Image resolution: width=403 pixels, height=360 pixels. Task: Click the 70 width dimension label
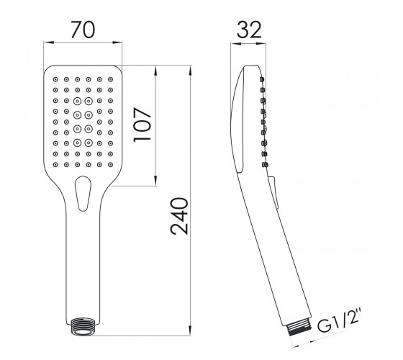83,30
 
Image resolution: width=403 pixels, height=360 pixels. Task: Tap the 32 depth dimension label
249,30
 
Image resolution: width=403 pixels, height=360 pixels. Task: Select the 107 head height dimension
142,125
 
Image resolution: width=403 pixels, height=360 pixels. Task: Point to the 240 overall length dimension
179,216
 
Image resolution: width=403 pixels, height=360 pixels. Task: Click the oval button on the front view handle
83,194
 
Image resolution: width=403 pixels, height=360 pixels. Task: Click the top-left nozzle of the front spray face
55,79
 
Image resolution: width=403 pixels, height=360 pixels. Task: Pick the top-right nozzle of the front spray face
111,79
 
